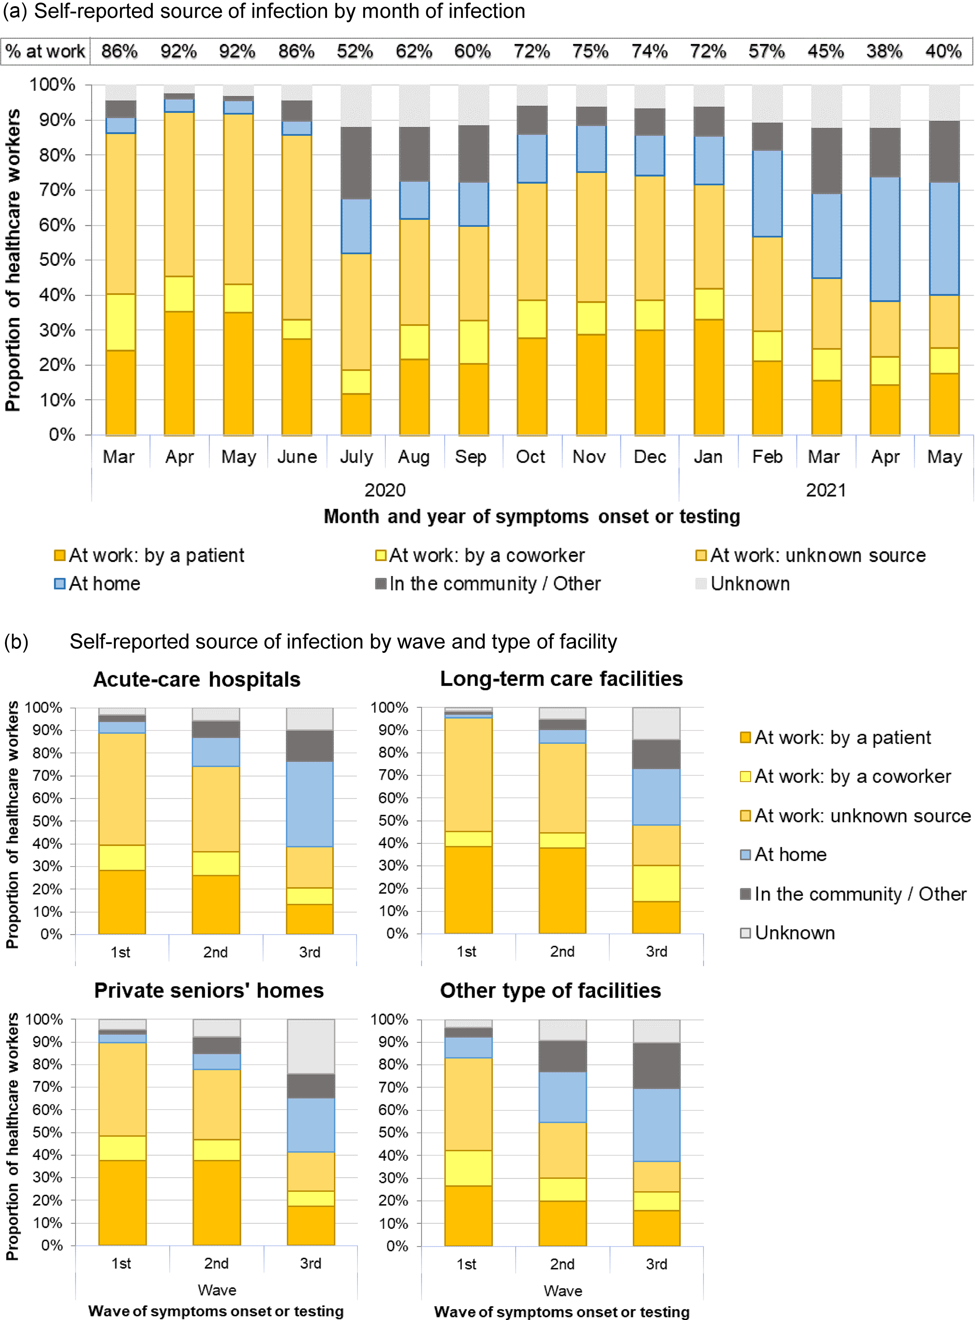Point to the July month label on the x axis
356,457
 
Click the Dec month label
650,457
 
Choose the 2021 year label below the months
826,490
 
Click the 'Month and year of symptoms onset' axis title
531,516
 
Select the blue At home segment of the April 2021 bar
885,239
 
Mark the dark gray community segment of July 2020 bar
356,163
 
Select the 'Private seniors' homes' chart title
209,990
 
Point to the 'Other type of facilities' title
550,990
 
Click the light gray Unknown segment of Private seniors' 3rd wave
310,1046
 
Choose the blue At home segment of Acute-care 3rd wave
309,804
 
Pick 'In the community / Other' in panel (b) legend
860,894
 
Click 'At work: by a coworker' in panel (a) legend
486,555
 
